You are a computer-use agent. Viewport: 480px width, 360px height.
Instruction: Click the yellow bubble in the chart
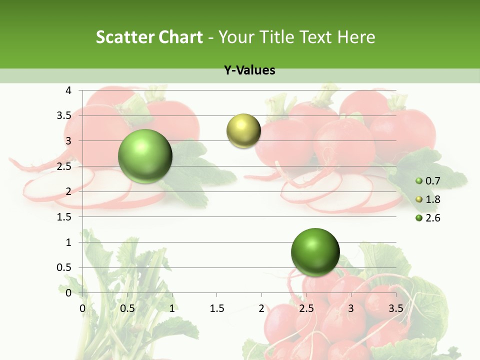pyautogui.click(x=243, y=131)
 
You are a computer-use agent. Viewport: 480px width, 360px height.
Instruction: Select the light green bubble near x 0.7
pyautogui.click(x=145, y=156)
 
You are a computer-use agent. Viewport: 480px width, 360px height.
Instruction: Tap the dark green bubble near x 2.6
pyautogui.click(x=315, y=252)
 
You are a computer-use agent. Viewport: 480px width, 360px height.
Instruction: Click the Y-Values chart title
pyautogui.click(x=249, y=70)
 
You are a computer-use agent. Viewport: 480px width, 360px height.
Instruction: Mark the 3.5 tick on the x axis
pyautogui.click(x=395, y=308)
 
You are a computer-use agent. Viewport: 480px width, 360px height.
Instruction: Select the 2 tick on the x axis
pyautogui.click(x=261, y=308)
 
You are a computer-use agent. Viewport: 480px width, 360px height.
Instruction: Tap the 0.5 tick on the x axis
pyautogui.click(x=127, y=308)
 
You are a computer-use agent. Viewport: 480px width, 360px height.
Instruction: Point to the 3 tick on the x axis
pyautogui.click(x=350, y=308)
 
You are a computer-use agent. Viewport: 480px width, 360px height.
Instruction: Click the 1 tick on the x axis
pyautogui.click(x=172, y=308)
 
